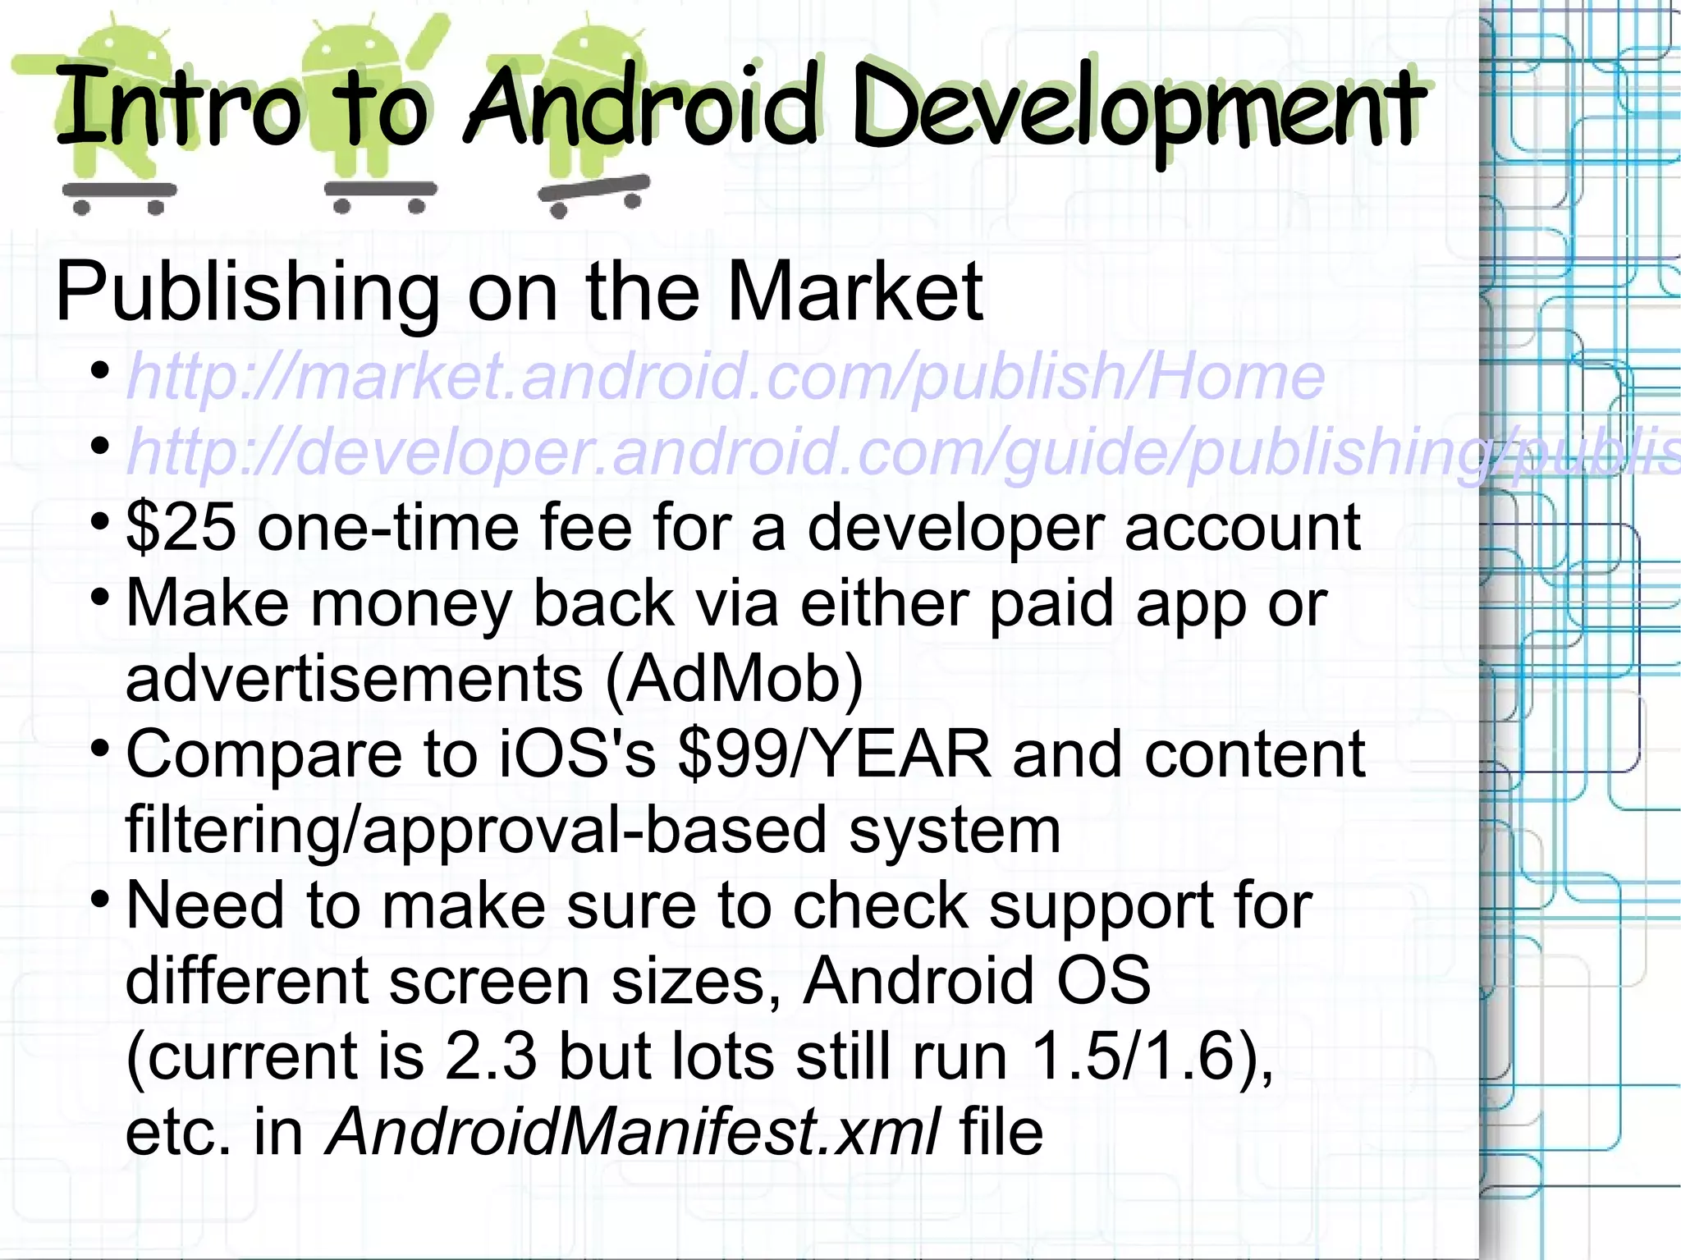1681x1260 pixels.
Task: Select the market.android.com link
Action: coord(726,377)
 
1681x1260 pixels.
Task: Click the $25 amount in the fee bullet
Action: coord(181,528)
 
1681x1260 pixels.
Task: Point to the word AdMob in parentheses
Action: coord(735,679)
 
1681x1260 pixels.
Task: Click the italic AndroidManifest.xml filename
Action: coord(632,1132)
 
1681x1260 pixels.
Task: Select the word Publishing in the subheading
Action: coord(247,291)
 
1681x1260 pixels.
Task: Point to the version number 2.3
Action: coord(490,1056)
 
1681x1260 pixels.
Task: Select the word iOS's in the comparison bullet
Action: coord(578,754)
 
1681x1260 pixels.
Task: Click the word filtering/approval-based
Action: coord(476,830)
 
